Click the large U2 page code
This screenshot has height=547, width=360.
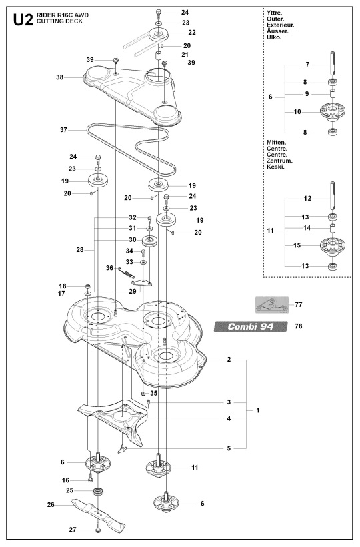(23, 20)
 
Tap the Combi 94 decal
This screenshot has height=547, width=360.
(251, 326)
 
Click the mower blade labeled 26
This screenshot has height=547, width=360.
(98, 515)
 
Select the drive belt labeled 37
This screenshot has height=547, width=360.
(131, 148)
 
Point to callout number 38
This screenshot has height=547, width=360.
(59, 77)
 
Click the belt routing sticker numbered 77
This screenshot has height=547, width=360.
(272, 305)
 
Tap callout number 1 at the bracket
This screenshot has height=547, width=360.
(258, 410)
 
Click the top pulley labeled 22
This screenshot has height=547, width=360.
(159, 34)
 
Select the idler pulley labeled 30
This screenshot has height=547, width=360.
(150, 241)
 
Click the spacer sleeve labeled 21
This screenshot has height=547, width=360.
(159, 56)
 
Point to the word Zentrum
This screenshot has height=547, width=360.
(279, 161)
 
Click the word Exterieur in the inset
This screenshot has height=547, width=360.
(280, 25)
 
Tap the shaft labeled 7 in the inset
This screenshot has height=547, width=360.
(333, 63)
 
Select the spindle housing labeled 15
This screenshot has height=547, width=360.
(333, 246)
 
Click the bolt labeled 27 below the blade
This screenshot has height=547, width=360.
(97, 530)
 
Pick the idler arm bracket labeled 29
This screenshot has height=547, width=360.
(142, 282)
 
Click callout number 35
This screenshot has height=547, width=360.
(154, 393)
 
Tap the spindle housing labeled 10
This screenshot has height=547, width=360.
(333, 112)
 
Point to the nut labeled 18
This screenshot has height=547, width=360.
(88, 286)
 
